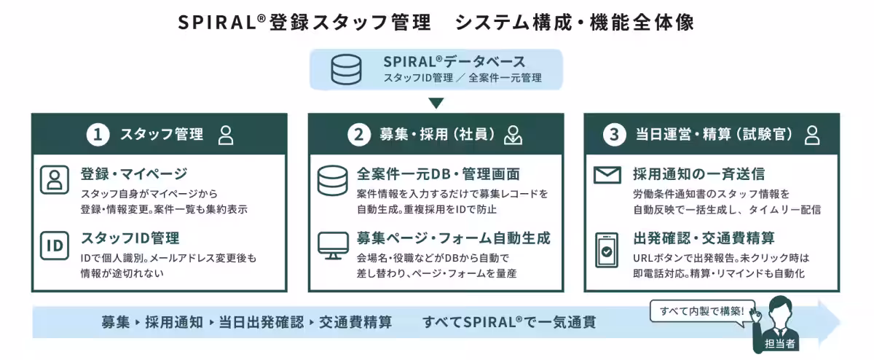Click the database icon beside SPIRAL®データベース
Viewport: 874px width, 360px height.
pos(346,69)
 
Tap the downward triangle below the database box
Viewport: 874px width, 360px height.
pos(436,103)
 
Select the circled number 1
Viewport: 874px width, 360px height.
pos(98,135)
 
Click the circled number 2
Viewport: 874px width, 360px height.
pos(358,135)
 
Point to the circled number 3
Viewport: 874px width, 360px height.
pos(614,135)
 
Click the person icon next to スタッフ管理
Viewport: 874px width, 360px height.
pos(226,135)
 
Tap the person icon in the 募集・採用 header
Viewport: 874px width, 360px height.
pos(513,135)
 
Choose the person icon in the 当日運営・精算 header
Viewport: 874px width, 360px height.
pos(812,135)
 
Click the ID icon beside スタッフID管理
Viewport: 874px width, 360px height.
pos(55,246)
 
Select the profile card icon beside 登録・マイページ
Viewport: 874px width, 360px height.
pos(55,180)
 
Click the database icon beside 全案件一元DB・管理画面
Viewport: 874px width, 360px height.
pos(332,181)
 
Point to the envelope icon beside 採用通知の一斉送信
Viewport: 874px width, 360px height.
pos(607,175)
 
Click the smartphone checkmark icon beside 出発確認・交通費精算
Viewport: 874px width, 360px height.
pos(607,250)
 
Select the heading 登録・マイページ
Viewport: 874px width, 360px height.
pos(134,173)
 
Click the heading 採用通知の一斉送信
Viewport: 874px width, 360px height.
pos(698,174)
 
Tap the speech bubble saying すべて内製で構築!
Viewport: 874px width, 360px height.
pos(702,311)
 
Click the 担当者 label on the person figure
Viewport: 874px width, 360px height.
pos(779,343)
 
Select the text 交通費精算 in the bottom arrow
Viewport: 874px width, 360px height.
pos(355,323)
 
